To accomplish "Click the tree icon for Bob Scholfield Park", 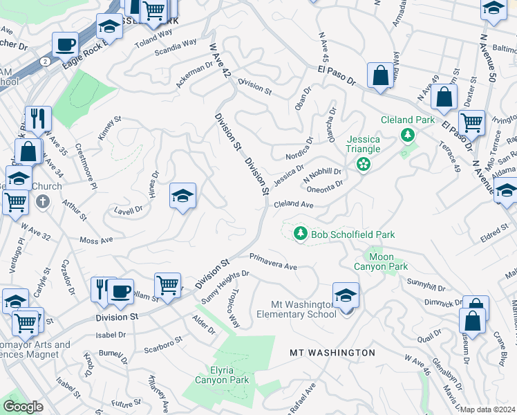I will (x=300, y=234).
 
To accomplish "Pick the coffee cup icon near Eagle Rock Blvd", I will (x=66, y=44).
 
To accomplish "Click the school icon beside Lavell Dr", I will (x=182, y=196).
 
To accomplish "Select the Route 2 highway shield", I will (x=45, y=61).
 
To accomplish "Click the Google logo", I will (x=23, y=407).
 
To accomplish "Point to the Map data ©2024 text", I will (x=487, y=409).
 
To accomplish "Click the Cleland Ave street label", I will (x=294, y=205).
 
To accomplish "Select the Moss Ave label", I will (x=96, y=240).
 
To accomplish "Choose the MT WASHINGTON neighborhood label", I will (x=332, y=353).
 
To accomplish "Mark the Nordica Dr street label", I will (x=299, y=151).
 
